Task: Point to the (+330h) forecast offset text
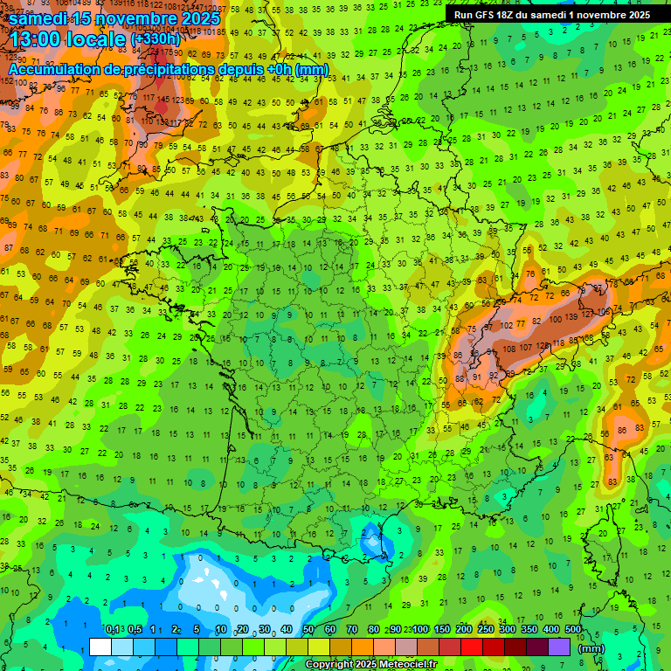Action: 156,38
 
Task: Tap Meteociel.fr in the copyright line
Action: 401,665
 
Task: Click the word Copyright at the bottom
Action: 329,665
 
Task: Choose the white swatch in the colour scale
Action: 100,647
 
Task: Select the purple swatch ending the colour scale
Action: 559,647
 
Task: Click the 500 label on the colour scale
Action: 573,630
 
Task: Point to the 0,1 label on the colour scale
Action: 112,630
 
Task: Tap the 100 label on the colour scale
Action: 420,630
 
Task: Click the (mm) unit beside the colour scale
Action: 591,648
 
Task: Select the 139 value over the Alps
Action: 572,315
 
